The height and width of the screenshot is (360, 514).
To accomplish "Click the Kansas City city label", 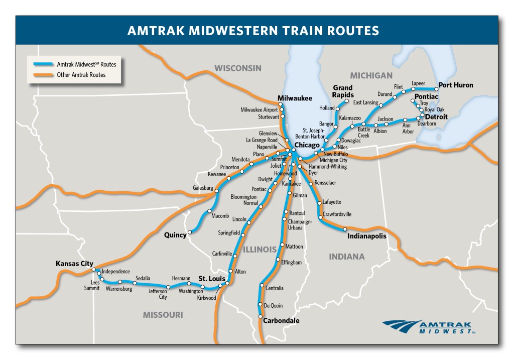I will (x=75, y=263).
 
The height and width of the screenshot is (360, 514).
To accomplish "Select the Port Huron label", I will (x=456, y=85).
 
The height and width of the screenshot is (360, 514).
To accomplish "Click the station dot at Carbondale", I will (x=260, y=317).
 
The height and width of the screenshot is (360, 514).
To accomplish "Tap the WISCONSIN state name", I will (x=238, y=68).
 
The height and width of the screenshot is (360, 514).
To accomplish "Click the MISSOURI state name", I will (x=163, y=315).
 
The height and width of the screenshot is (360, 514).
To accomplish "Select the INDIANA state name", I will (x=347, y=257).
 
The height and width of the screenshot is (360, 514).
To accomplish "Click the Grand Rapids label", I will (x=343, y=91).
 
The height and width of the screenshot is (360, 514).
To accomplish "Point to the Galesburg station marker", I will (x=217, y=189).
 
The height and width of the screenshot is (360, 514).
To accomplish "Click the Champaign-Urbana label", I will (x=300, y=224).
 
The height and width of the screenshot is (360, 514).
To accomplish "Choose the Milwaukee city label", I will (x=295, y=98).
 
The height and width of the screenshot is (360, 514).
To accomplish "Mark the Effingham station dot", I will (x=277, y=260).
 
